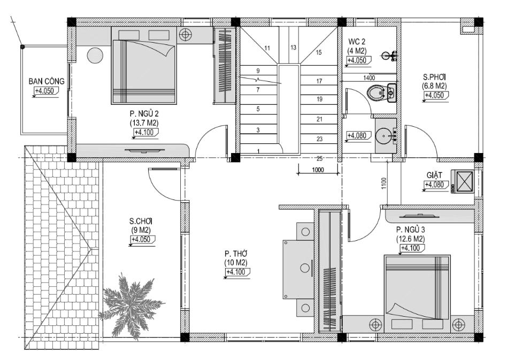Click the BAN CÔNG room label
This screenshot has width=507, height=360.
tap(47, 81)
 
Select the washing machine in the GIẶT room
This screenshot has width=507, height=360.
tap(463, 181)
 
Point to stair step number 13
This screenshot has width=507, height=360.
tap(293, 48)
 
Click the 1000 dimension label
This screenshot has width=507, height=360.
tap(318, 170)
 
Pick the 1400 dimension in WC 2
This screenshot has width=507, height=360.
tap(369, 78)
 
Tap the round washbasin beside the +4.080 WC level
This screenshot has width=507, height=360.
tap(384, 135)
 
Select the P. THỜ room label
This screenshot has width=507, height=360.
tap(236, 254)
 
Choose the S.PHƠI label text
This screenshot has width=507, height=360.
tap(434, 77)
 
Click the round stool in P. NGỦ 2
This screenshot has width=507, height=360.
tap(95, 55)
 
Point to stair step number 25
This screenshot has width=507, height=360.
tap(319, 158)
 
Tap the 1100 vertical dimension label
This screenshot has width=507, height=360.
tap(384, 183)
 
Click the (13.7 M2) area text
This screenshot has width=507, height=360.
tap(144, 123)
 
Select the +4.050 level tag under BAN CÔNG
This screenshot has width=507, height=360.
tap(45, 91)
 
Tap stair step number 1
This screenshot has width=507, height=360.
tap(258, 151)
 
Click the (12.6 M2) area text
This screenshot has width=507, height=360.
tap(411, 239)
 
